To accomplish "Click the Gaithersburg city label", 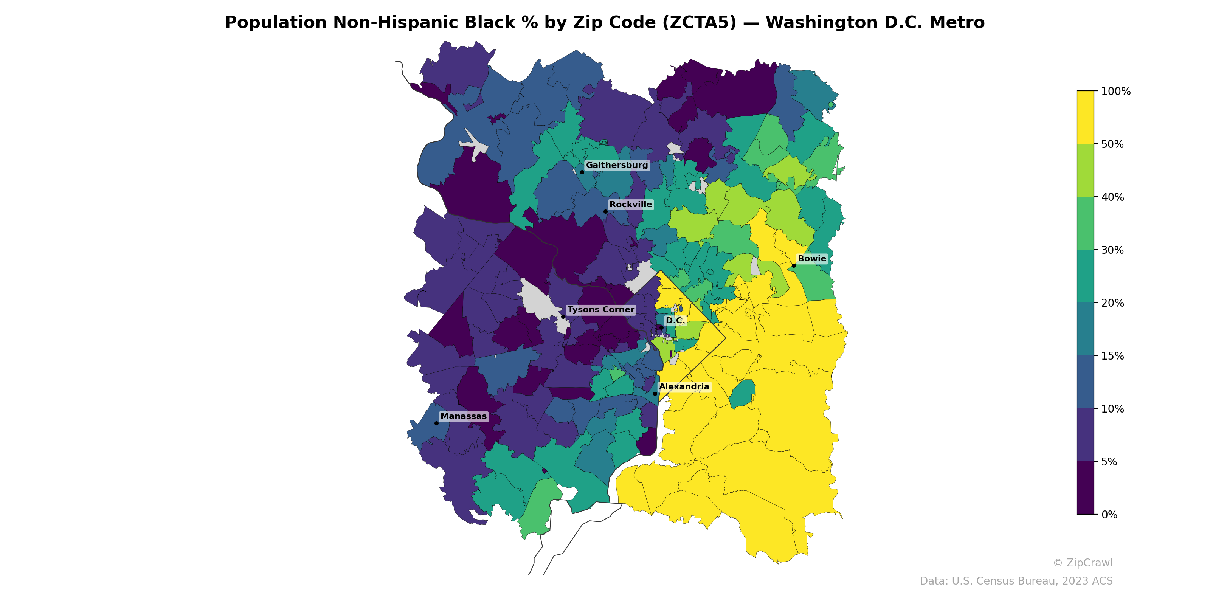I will coord(616,165).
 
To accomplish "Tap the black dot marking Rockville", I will coord(605,211).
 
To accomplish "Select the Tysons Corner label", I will coord(600,310).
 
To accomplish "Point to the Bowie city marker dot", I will coord(794,265).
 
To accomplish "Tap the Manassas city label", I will coord(463,416).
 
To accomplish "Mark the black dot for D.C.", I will coord(661,327).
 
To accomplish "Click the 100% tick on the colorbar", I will coord(1115,91).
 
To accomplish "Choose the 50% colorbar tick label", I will coord(1112,144).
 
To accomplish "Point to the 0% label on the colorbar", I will coord(1109,515).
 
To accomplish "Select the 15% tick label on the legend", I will coord(1112,356).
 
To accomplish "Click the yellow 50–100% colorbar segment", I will coord(1085,118).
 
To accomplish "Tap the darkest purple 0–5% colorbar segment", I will coord(1085,489).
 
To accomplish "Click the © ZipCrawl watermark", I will coord(1082,563).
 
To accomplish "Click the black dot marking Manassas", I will coord(436,423).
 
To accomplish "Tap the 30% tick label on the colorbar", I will coord(1112,250).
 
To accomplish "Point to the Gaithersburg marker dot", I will coord(582,172).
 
